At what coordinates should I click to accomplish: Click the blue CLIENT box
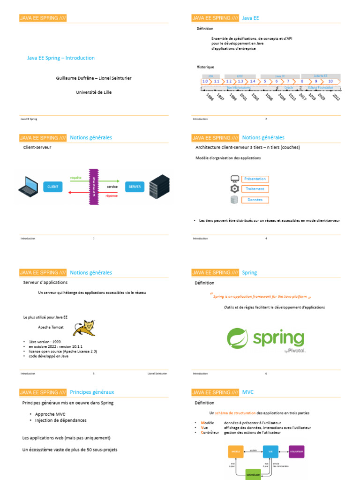click(53, 187)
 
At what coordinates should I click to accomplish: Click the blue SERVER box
click(134, 187)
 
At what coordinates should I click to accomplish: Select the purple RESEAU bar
click(93, 186)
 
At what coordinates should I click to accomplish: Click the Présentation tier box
click(255, 179)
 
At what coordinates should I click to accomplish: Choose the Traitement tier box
click(255, 189)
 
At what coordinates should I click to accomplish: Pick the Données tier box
click(255, 200)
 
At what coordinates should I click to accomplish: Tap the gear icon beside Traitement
click(235, 189)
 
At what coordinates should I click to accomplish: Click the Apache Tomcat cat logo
click(84, 328)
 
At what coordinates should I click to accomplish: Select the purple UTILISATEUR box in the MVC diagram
click(296, 452)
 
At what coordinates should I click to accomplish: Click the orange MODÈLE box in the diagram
click(236, 452)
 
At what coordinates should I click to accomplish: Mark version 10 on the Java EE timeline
click(330, 81)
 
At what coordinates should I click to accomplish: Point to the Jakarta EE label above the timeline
click(321, 75)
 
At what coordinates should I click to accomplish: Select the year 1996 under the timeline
click(210, 97)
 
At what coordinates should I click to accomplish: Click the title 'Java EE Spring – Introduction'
click(61, 58)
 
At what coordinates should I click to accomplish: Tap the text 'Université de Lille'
click(94, 92)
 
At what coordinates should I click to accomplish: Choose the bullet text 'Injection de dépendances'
click(61, 420)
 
